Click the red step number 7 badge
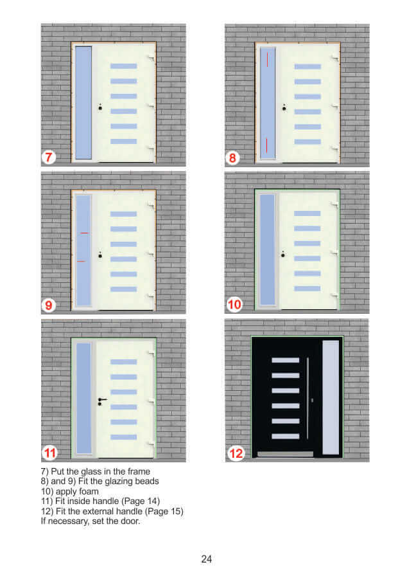point(48,158)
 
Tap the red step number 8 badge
point(232,158)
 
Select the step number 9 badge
point(48,305)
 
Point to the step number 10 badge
point(234,305)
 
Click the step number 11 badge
point(49,453)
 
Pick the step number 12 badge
point(236,453)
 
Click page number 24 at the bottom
point(206,559)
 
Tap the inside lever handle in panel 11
point(102,401)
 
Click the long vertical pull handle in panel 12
point(307,398)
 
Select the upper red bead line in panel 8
point(267,59)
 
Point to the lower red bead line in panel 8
point(266,145)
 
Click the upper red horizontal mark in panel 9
point(84,233)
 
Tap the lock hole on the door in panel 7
point(100,107)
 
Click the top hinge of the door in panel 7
point(152,58)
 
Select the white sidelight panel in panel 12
point(331,397)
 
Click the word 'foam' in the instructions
point(89,491)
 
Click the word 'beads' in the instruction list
point(146,481)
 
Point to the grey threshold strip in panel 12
point(285,454)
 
